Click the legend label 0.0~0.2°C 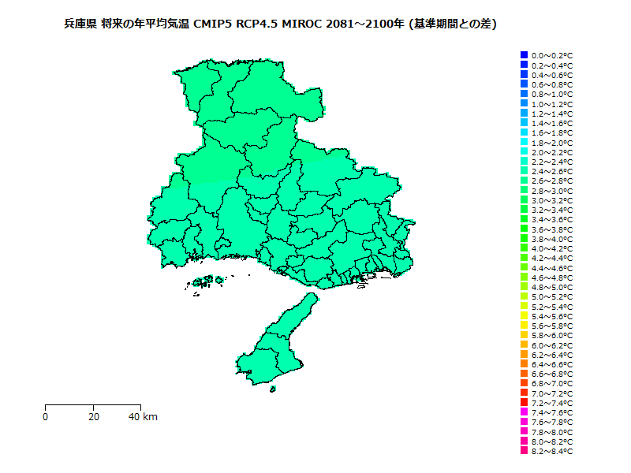pos(552,55)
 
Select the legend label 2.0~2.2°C pos(552,152)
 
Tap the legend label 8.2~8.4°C pos(552,452)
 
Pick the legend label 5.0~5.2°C pos(552,297)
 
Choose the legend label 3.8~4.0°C pos(552,239)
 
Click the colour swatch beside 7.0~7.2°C pos(524,393)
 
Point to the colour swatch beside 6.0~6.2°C pos(524,345)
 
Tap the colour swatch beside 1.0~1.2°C pos(524,104)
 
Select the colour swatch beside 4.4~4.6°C pos(524,268)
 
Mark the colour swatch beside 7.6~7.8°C pos(524,423)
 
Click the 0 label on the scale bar pos(46,417)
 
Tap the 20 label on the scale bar pos(94,417)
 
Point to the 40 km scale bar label pos(143,417)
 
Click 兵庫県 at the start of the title pos(80,24)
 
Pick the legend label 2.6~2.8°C pos(552,181)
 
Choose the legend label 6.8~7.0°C pos(552,384)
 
